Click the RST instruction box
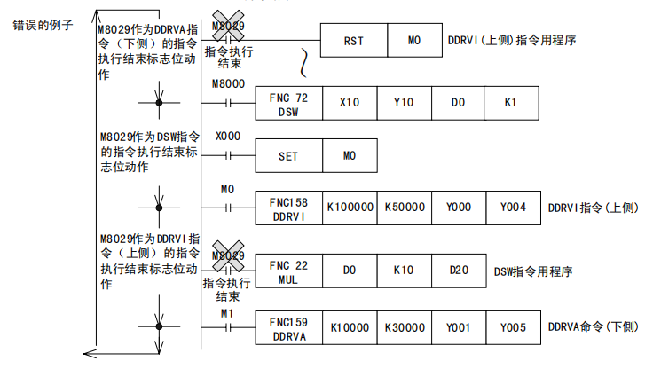coord(353,40)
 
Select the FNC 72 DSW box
coord(288,103)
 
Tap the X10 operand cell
coord(350,103)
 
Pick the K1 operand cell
coord(510,103)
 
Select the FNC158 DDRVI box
coord(288,208)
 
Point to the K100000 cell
coord(350,208)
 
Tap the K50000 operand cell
coord(404,208)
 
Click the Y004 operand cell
coord(512,208)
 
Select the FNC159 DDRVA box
coord(288,327)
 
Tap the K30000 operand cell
coord(404,327)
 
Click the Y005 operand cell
coord(512,327)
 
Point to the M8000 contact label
coord(229,83)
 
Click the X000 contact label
coord(227,138)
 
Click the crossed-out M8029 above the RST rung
coord(229,26)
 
